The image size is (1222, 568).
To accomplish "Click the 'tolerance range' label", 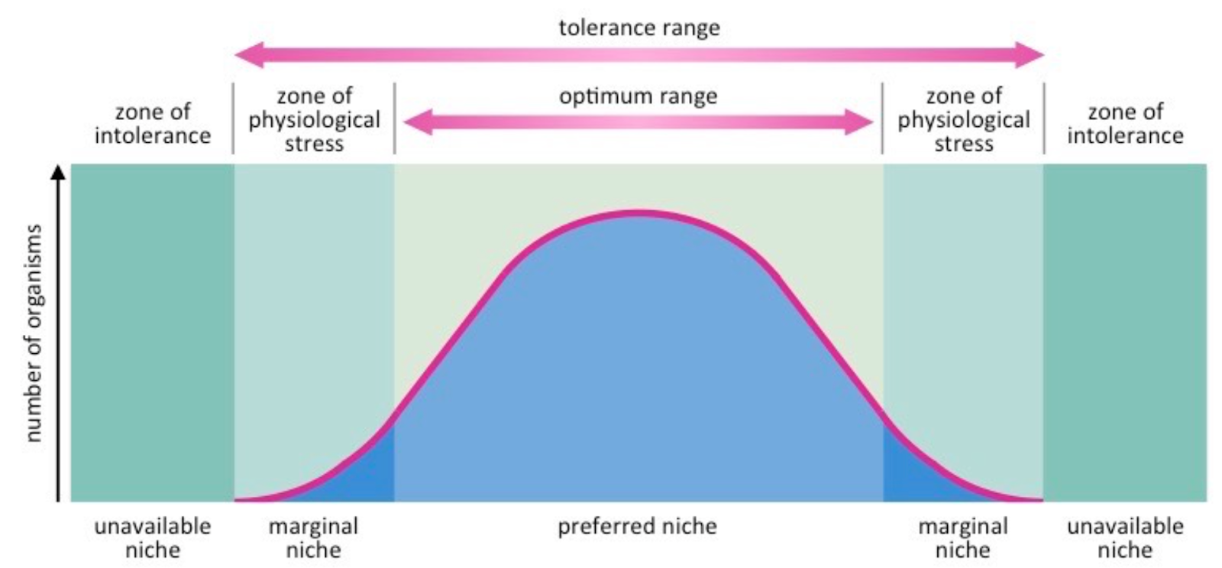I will [638, 28].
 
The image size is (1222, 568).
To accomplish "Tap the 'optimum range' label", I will [638, 97].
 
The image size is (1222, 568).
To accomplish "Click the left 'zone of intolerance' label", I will [153, 123].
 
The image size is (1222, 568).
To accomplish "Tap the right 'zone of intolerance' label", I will [1125, 123].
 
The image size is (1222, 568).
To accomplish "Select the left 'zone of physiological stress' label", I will [314, 119].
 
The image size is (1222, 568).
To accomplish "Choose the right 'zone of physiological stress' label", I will [963, 119].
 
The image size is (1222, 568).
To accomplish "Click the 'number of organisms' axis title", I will [33, 333].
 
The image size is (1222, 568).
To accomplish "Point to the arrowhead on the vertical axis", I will [58, 174].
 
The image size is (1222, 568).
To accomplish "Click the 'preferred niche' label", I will [637, 527].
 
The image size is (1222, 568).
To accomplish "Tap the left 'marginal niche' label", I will [313, 537].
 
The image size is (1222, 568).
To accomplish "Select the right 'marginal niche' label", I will [962, 537].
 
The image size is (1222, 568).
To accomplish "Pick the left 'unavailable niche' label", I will [153, 537].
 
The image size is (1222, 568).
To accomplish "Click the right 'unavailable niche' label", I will [1125, 537].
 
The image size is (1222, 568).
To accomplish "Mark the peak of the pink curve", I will [638, 213].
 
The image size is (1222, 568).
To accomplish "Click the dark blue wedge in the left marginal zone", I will [367, 478].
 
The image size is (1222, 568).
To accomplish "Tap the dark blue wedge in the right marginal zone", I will [909, 478].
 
